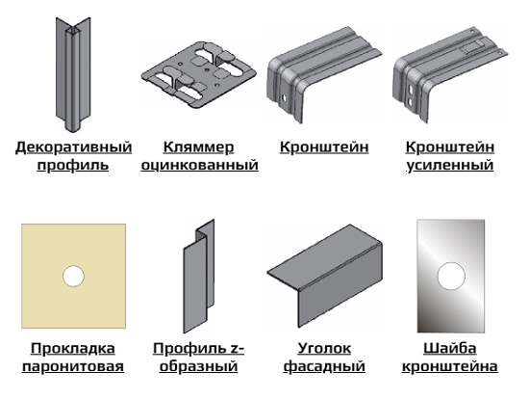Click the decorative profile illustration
(73, 74)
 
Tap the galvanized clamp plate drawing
(198, 75)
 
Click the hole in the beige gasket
(73, 277)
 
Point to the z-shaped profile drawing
(199, 276)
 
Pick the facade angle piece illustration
(324, 276)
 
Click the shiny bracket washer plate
(451, 276)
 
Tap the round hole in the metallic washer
(451, 276)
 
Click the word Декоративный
(73, 147)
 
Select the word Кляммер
(198, 147)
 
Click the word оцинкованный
(199, 166)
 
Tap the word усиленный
(450, 166)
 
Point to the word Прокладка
(73, 348)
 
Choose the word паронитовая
(73, 366)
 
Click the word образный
(198, 366)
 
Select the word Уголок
(324, 348)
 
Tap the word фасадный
(324, 366)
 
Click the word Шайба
(450, 348)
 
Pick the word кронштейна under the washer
(450, 366)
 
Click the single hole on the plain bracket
(284, 97)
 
